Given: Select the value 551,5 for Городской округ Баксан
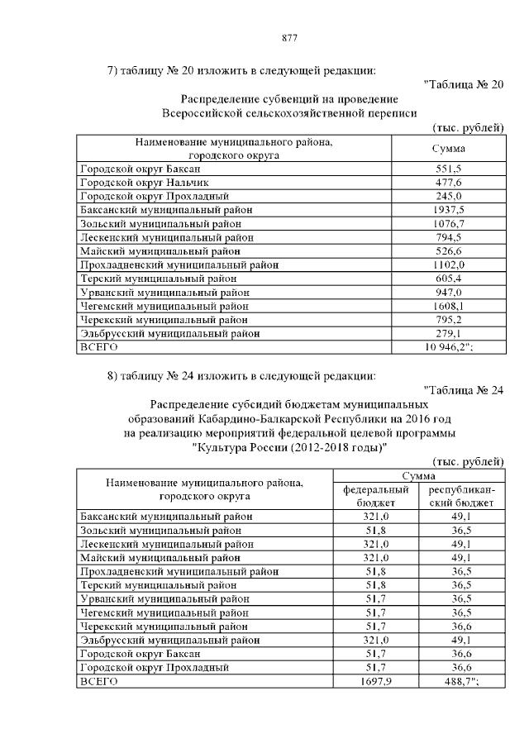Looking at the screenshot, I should (x=448, y=168).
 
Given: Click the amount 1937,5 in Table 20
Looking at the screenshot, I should (x=448, y=210).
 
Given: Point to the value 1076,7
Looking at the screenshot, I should (x=448, y=224).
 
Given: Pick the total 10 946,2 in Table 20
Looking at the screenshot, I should (x=447, y=348).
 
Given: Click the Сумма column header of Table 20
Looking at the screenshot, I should (x=448, y=148).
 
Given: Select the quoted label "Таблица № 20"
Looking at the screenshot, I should (x=462, y=83).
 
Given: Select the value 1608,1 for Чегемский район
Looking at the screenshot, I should (x=448, y=306).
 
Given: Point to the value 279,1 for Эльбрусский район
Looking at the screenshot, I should (x=448, y=334).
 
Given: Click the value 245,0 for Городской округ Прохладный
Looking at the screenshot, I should (x=448, y=196).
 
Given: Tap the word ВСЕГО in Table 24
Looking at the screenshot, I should (x=98, y=681).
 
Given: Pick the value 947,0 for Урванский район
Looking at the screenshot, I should (x=448, y=293).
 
